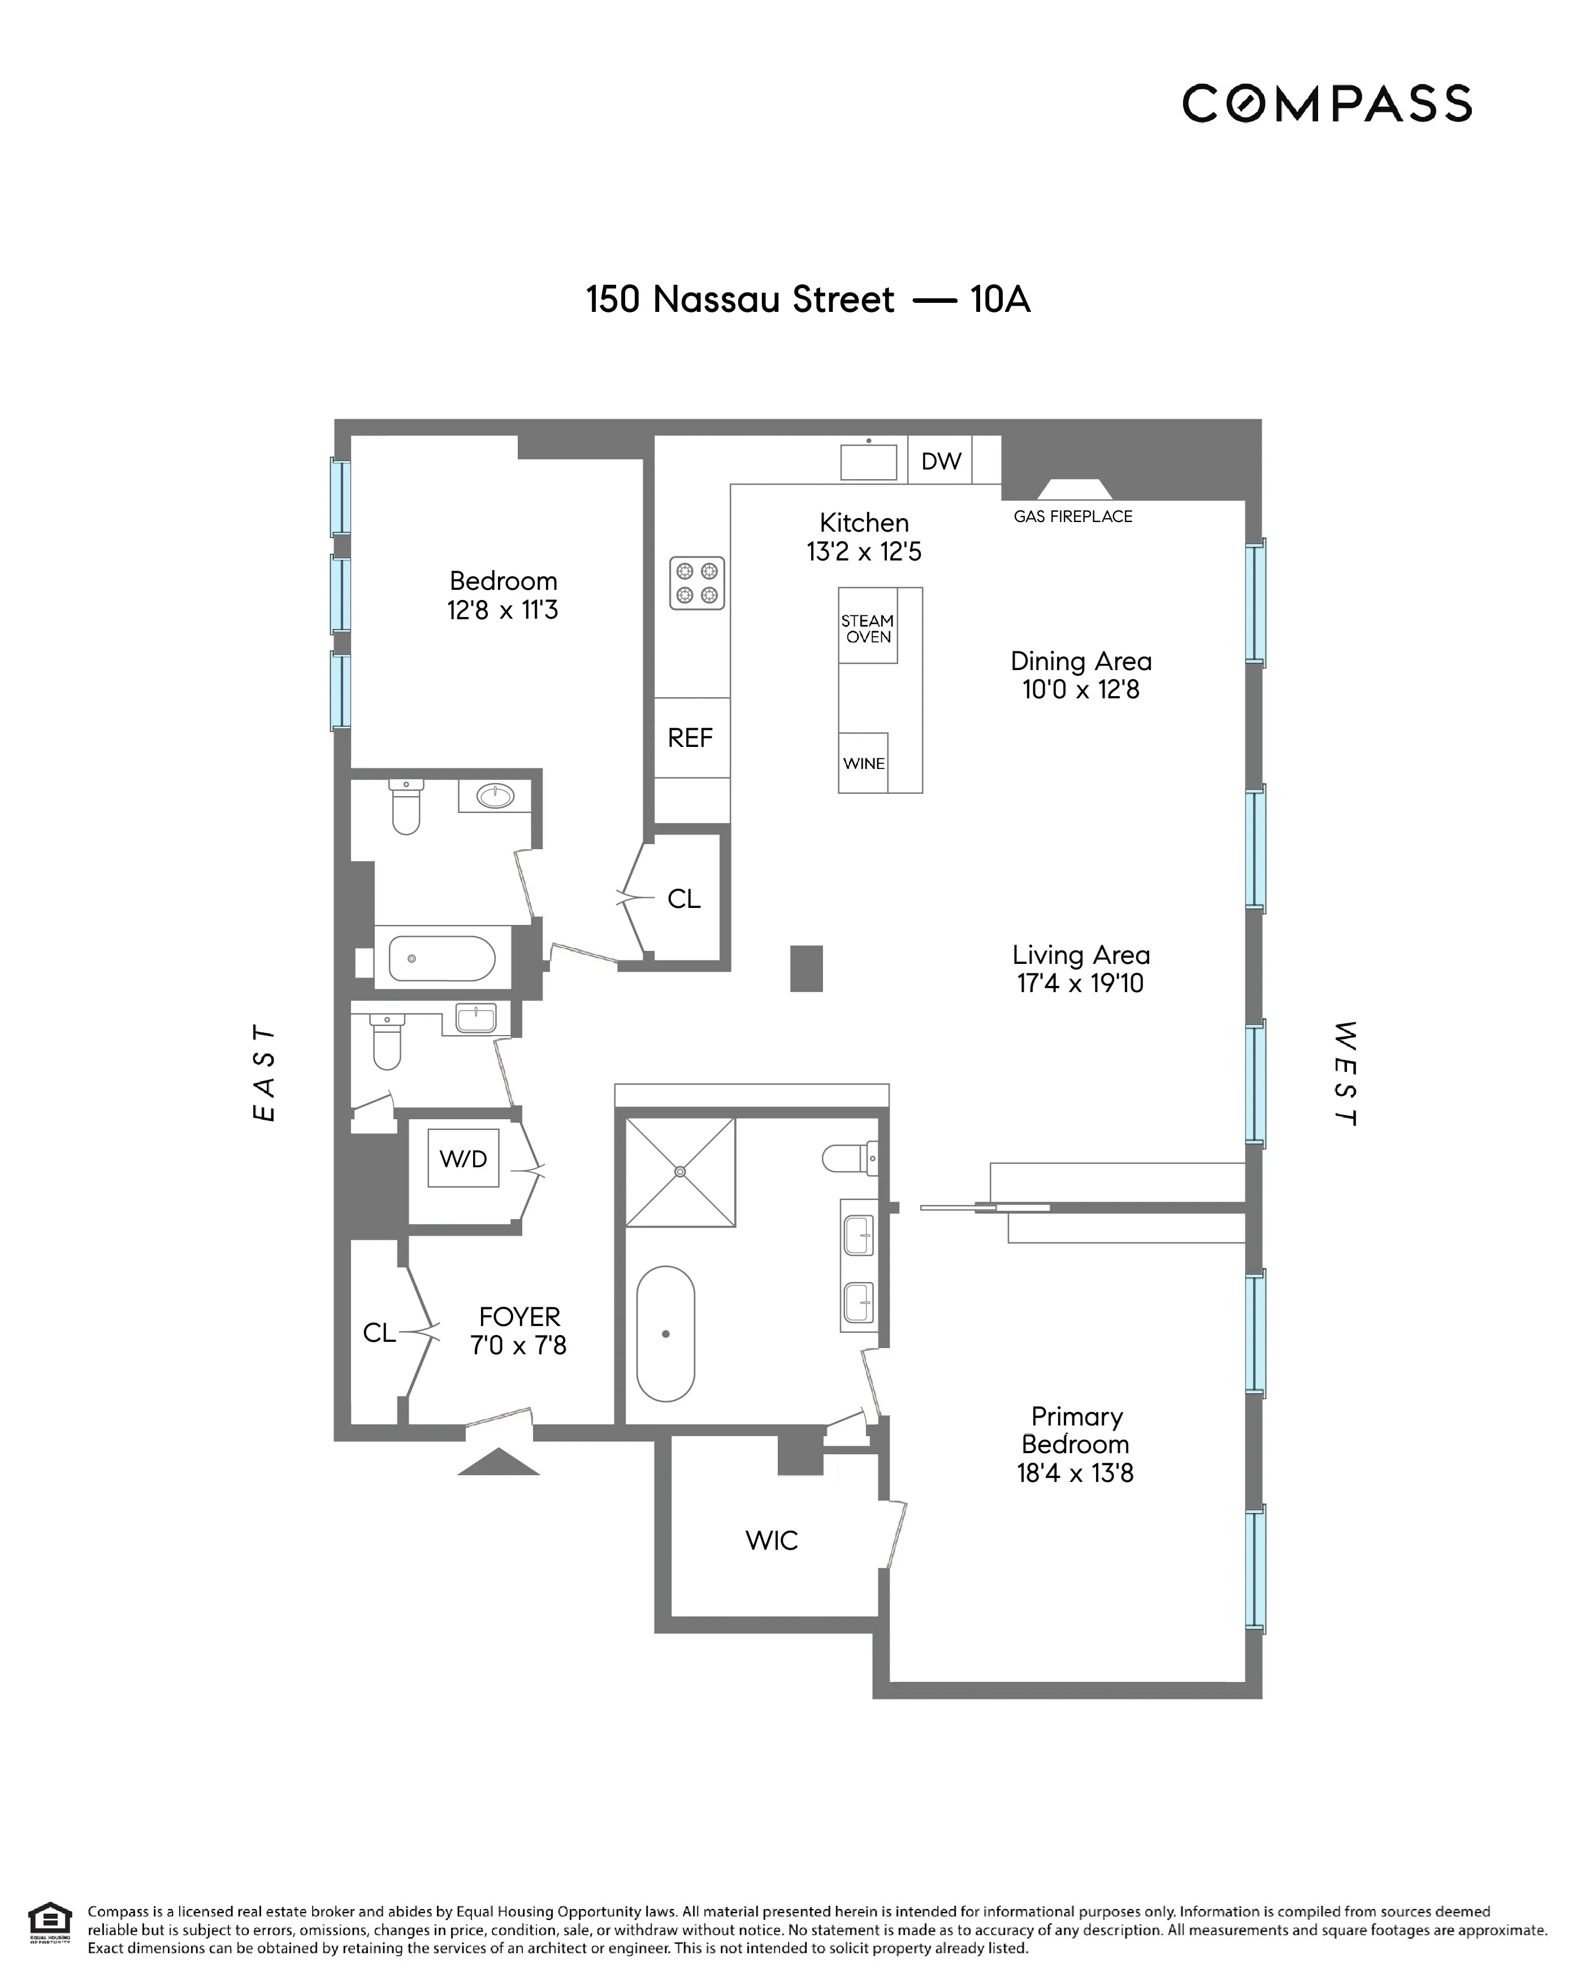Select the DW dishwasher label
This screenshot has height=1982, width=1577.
pyautogui.click(x=941, y=460)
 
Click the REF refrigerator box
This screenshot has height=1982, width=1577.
pyautogui.click(x=691, y=737)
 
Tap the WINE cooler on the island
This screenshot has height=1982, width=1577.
pyautogui.click(x=864, y=763)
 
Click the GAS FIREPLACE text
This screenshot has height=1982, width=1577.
pyautogui.click(x=1072, y=516)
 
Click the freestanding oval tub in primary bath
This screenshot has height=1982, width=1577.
pyautogui.click(x=665, y=1333)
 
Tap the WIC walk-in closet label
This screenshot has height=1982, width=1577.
pyautogui.click(x=772, y=1541)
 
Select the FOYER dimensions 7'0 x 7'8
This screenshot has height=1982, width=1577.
pyautogui.click(x=519, y=1346)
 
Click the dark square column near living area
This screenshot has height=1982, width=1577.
pyautogui.click(x=807, y=968)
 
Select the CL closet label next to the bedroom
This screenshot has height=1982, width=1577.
pyautogui.click(x=683, y=899)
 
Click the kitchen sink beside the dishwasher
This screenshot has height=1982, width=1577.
pyautogui.click(x=868, y=462)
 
